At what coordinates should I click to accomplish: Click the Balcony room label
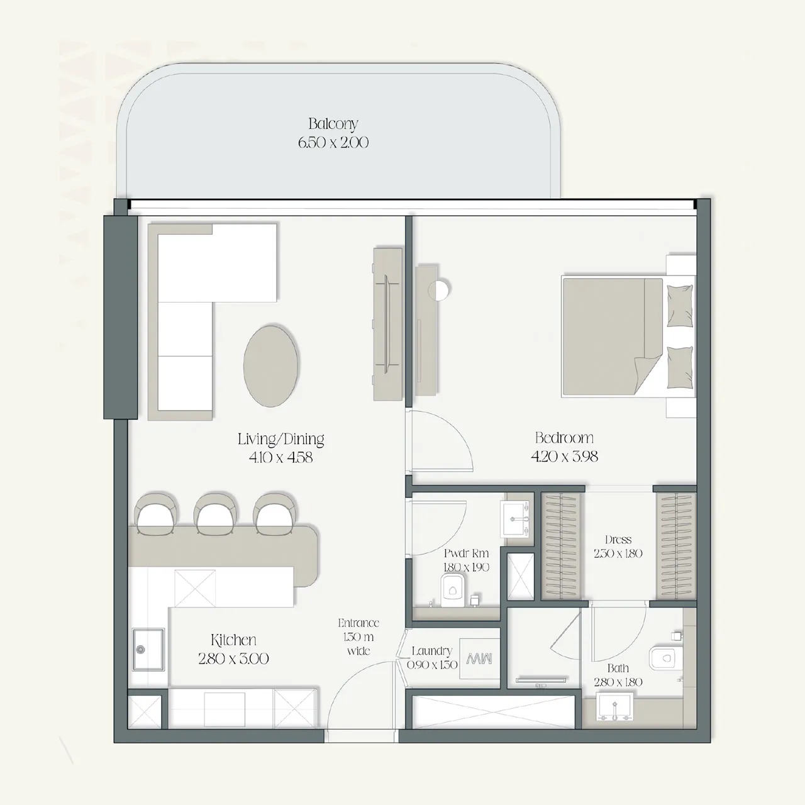click(333, 124)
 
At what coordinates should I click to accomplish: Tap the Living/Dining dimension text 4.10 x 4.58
click(280, 458)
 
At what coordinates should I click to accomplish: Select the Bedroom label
click(564, 438)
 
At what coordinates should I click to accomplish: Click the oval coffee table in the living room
click(271, 365)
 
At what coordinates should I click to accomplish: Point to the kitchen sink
click(148, 650)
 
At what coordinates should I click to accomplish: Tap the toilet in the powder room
click(451, 591)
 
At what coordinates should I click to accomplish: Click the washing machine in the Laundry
click(479, 659)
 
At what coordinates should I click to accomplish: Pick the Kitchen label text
click(233, 640)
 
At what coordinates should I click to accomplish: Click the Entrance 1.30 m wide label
click(358, 636)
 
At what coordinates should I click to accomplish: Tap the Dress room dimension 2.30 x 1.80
click(618, 553)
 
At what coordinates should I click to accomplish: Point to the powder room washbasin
click(517, 519)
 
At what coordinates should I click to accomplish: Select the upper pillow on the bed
click(679, 306)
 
